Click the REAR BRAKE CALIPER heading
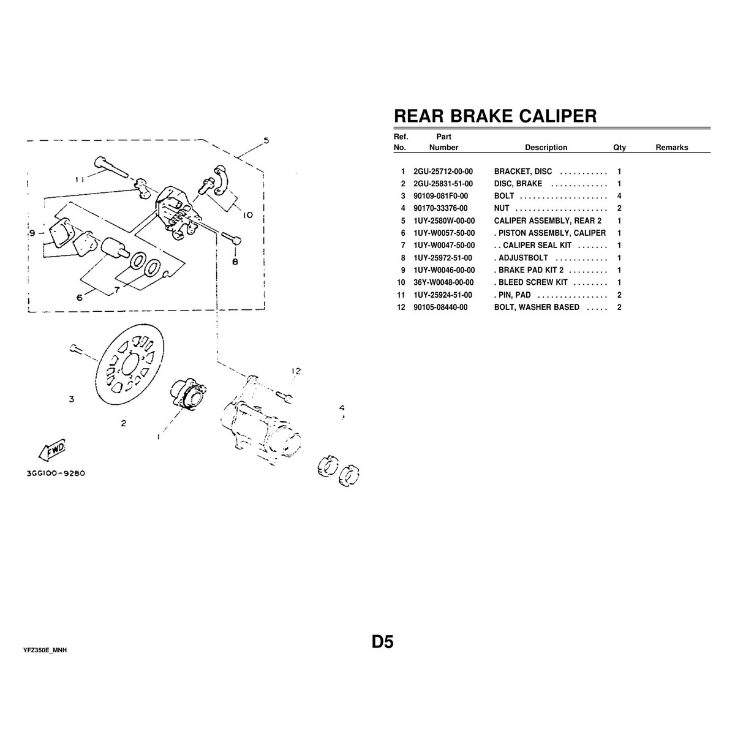tap(495, 116)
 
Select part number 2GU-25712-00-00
tap(443, 172)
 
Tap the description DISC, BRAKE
tap(518, 184)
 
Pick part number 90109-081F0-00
tap(441, 197)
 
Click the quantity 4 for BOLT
tap(619, 197)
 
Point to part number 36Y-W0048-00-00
tap(444, 282)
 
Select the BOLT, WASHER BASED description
tap(537, 307)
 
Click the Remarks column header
tap(671, 148)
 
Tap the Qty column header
tap(619, 148)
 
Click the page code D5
tap(382, 642)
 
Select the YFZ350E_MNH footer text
tap(45, 650)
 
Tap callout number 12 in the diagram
tap(297, 371)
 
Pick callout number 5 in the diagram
tap(265, 141)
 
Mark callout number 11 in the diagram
tap(80, 179)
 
